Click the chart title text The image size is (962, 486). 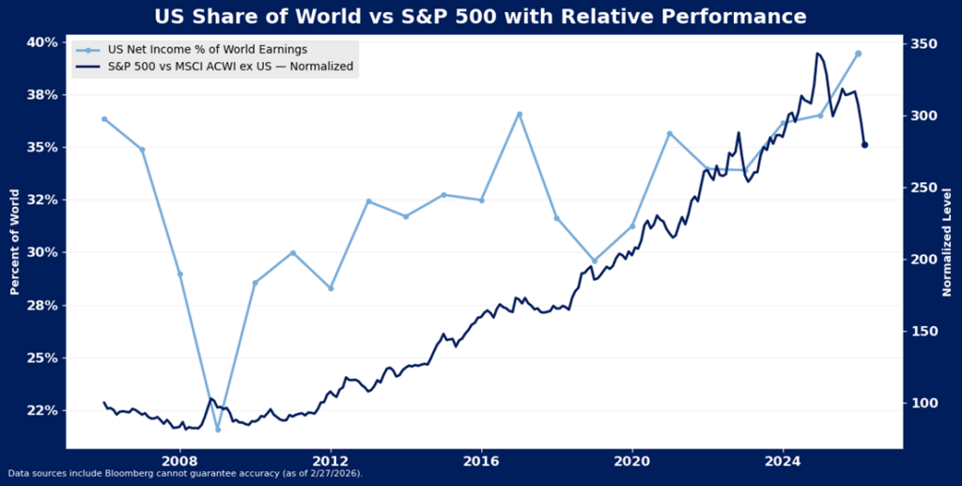pyautogui.click(x=480, y=16)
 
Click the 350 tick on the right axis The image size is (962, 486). pyautogui.click(x=924, y=43)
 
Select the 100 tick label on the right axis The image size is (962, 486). pyautogui.click(x=924, y=403)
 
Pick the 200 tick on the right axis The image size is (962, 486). pyautogui.click(x=924, y=259)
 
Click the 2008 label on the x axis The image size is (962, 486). pyautogui.click(x=179, y=462)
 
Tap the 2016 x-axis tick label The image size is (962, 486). pyautogui.click(x=481, y=462)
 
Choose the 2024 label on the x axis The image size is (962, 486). pyautogui.click(x=783, y=462)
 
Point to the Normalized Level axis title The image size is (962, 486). pyautogui.click(x=948, y=242)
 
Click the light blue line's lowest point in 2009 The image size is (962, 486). pyautogui.click(x=217, y=430)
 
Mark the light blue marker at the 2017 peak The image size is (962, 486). pyautogui.click(x=519, y=115)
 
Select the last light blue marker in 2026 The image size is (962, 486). pyautogui.click(x=858, y=54)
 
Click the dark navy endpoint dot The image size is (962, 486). pyautogui.click(x=865, y=145)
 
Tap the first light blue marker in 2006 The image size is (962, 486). pyautogui.click(x=104, y=119)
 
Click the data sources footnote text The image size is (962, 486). pyautogui.click(x=184, y=474)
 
